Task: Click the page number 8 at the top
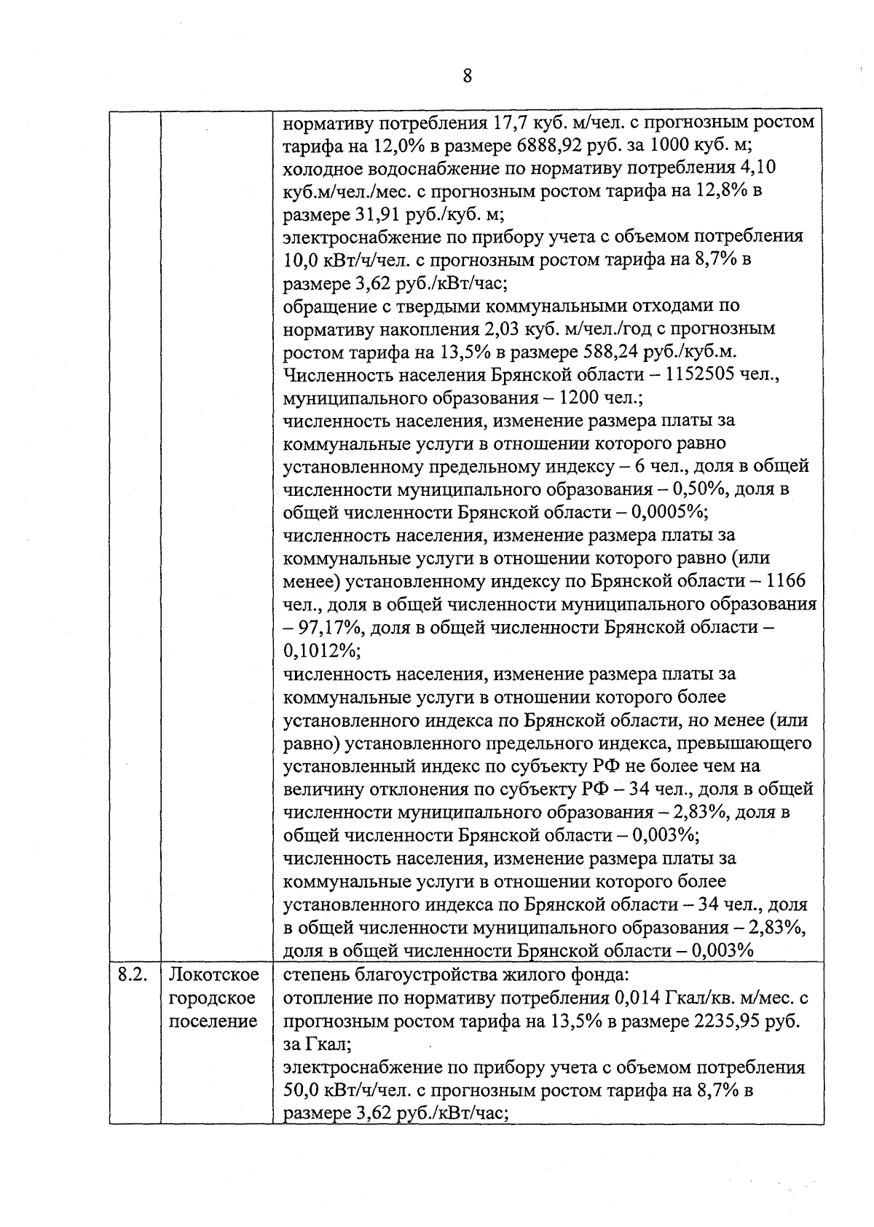click(467, 76)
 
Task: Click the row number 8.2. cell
click(133, 975)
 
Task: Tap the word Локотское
click(213, 975)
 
